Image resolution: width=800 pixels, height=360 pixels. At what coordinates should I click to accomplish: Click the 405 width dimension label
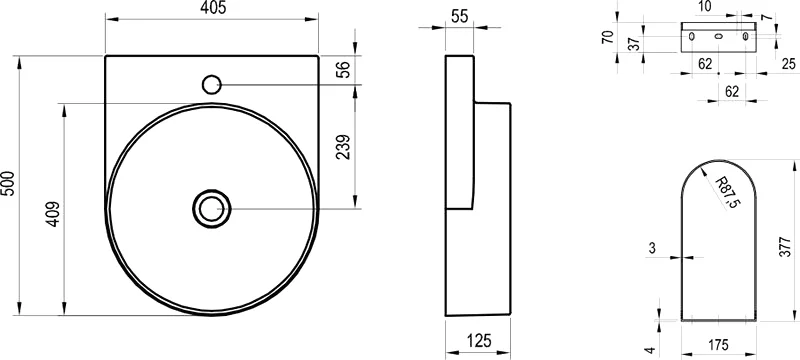point(212,9)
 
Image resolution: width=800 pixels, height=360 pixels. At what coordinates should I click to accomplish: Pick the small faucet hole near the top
point(212,84)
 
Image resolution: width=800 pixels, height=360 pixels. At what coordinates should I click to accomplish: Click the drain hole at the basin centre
point(211,209)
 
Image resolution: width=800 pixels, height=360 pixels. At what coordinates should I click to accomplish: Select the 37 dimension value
point(633,43)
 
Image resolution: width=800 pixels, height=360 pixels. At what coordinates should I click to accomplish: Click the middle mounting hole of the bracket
point(718,37)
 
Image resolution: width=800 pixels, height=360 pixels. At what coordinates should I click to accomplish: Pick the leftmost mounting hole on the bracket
point(691,37)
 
